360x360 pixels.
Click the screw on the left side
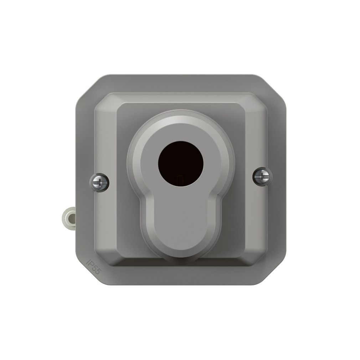click(x=99, y=182)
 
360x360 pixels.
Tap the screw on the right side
click(x=262, y=176)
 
